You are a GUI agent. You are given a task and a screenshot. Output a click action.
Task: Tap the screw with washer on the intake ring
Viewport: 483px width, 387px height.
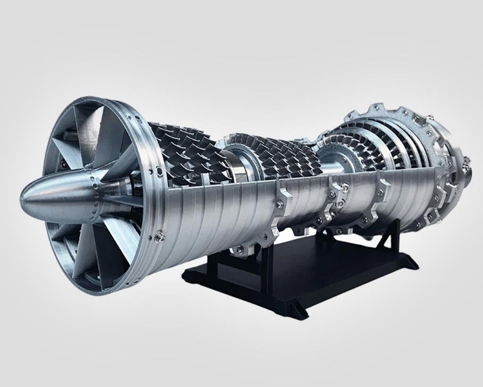click(160, 236)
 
